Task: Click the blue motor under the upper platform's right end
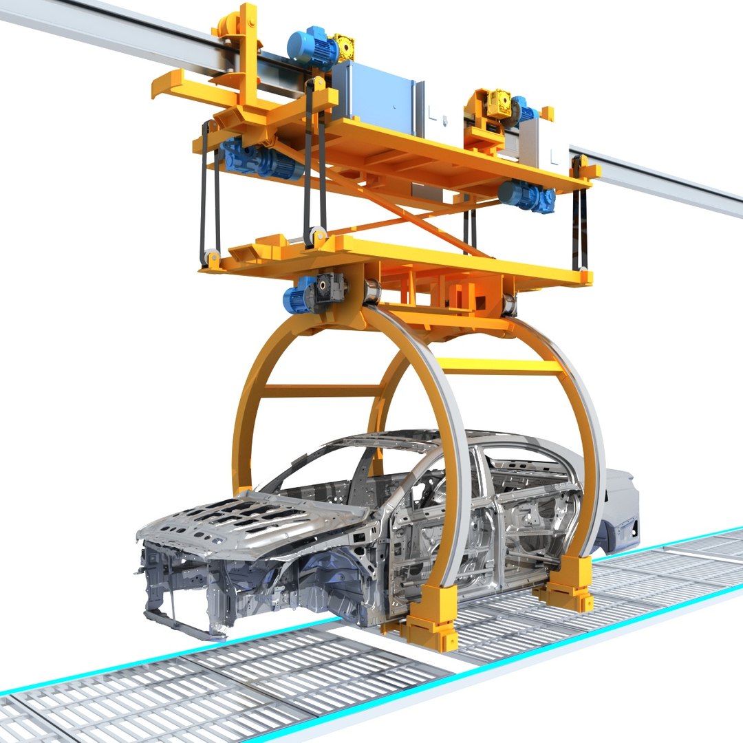click(x=526, y=196)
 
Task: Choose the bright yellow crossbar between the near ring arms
click(x=499, y=367)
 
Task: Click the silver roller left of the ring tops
click(x=372, y=292)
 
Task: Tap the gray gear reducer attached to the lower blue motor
click(x=330, y=289)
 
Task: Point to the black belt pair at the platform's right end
click(x=579, y=220)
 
